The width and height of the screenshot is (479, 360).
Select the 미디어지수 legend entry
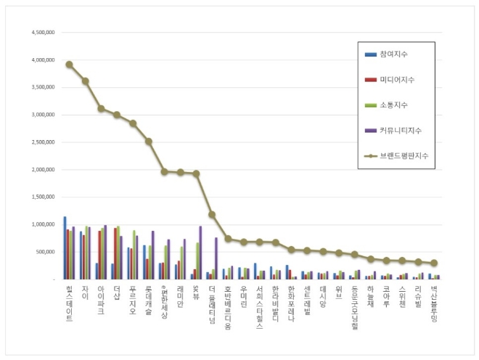pyautogui.click(x=395, y=79)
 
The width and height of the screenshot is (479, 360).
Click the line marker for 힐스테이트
pyautogui.click(x=69, y=64)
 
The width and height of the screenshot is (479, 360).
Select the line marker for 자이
pyautogui.click(x=85, y=81)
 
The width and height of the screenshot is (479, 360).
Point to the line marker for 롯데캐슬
pyautogui.click(x=148, y=142)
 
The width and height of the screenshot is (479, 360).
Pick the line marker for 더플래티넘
pyautogui.click(x=212, y=214)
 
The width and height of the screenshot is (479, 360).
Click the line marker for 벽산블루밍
pyautogui.click(x=434, y=263)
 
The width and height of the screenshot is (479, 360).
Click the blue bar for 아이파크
pyautogui.click(x=97, y=271)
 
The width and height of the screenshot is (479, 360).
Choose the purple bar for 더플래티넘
pyautogui.click(x=216, y=258)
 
